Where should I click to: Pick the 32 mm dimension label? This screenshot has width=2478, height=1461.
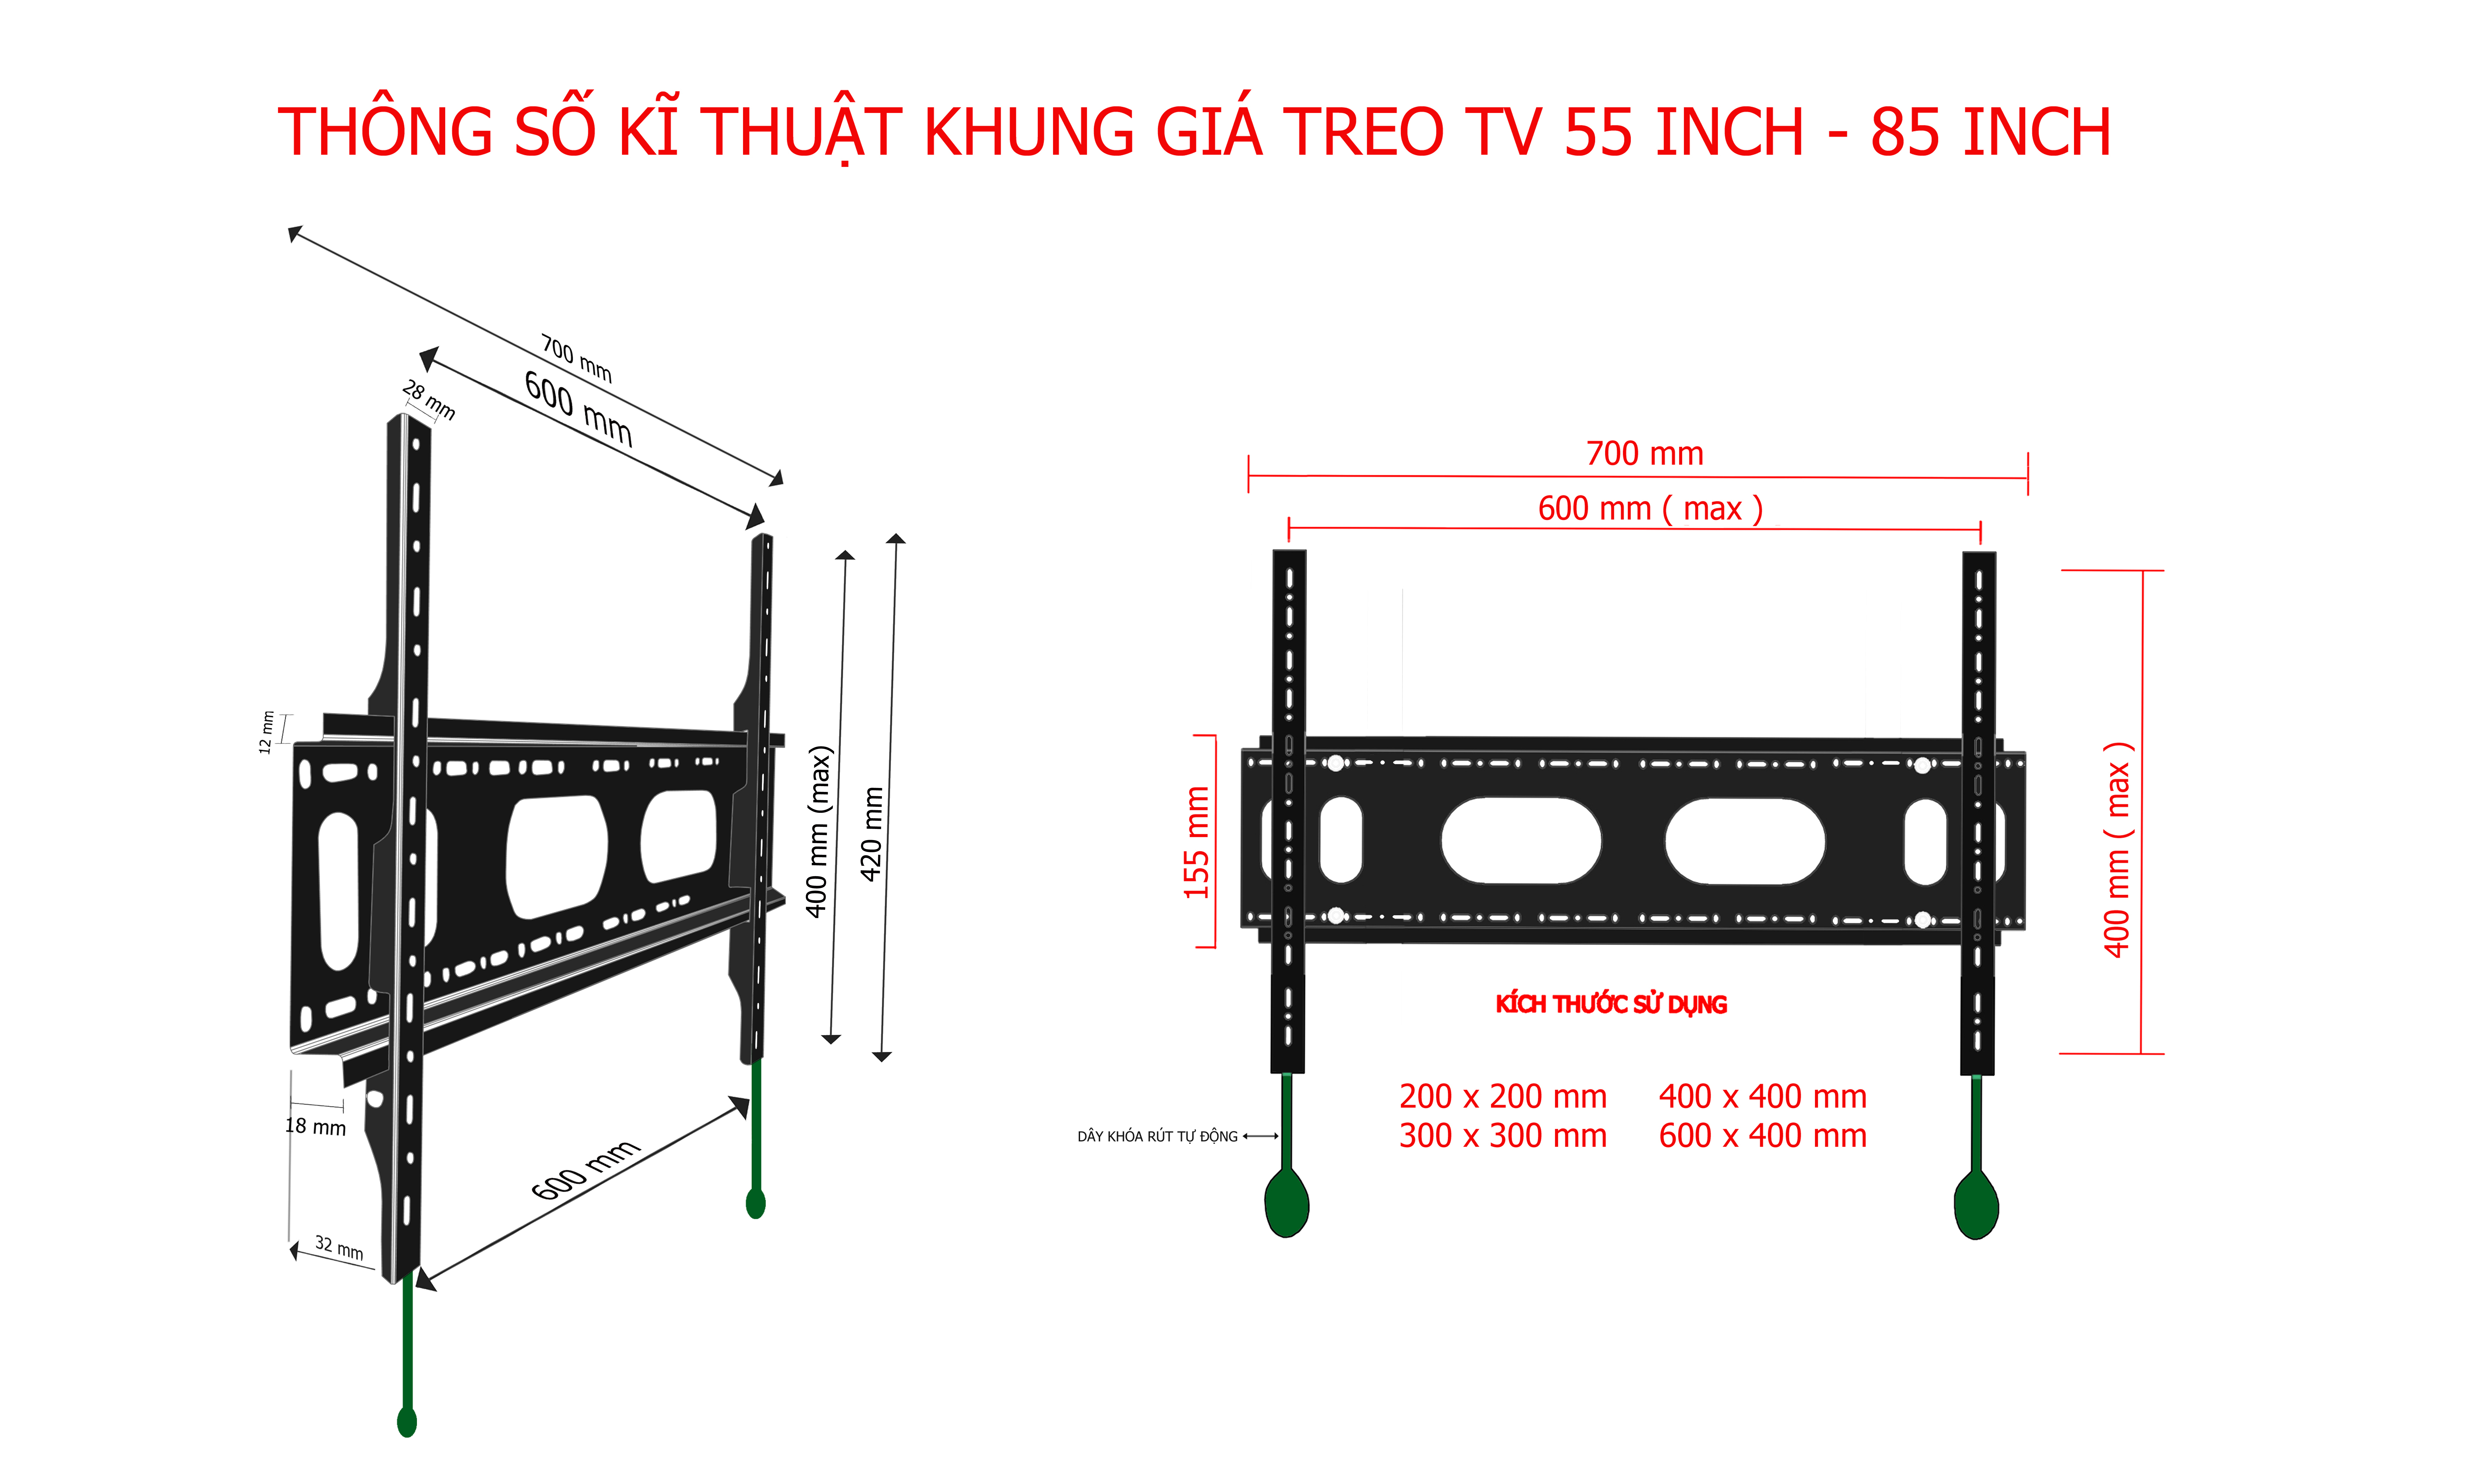pos(339,1248)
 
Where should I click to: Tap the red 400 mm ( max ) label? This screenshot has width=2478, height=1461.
pos(2117,849)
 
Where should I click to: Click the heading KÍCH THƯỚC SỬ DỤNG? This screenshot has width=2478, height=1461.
pos(1611,1004)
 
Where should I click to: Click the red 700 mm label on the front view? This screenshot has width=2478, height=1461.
pos(1644,454)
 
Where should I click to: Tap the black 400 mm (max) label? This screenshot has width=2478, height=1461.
pos(819,832)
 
